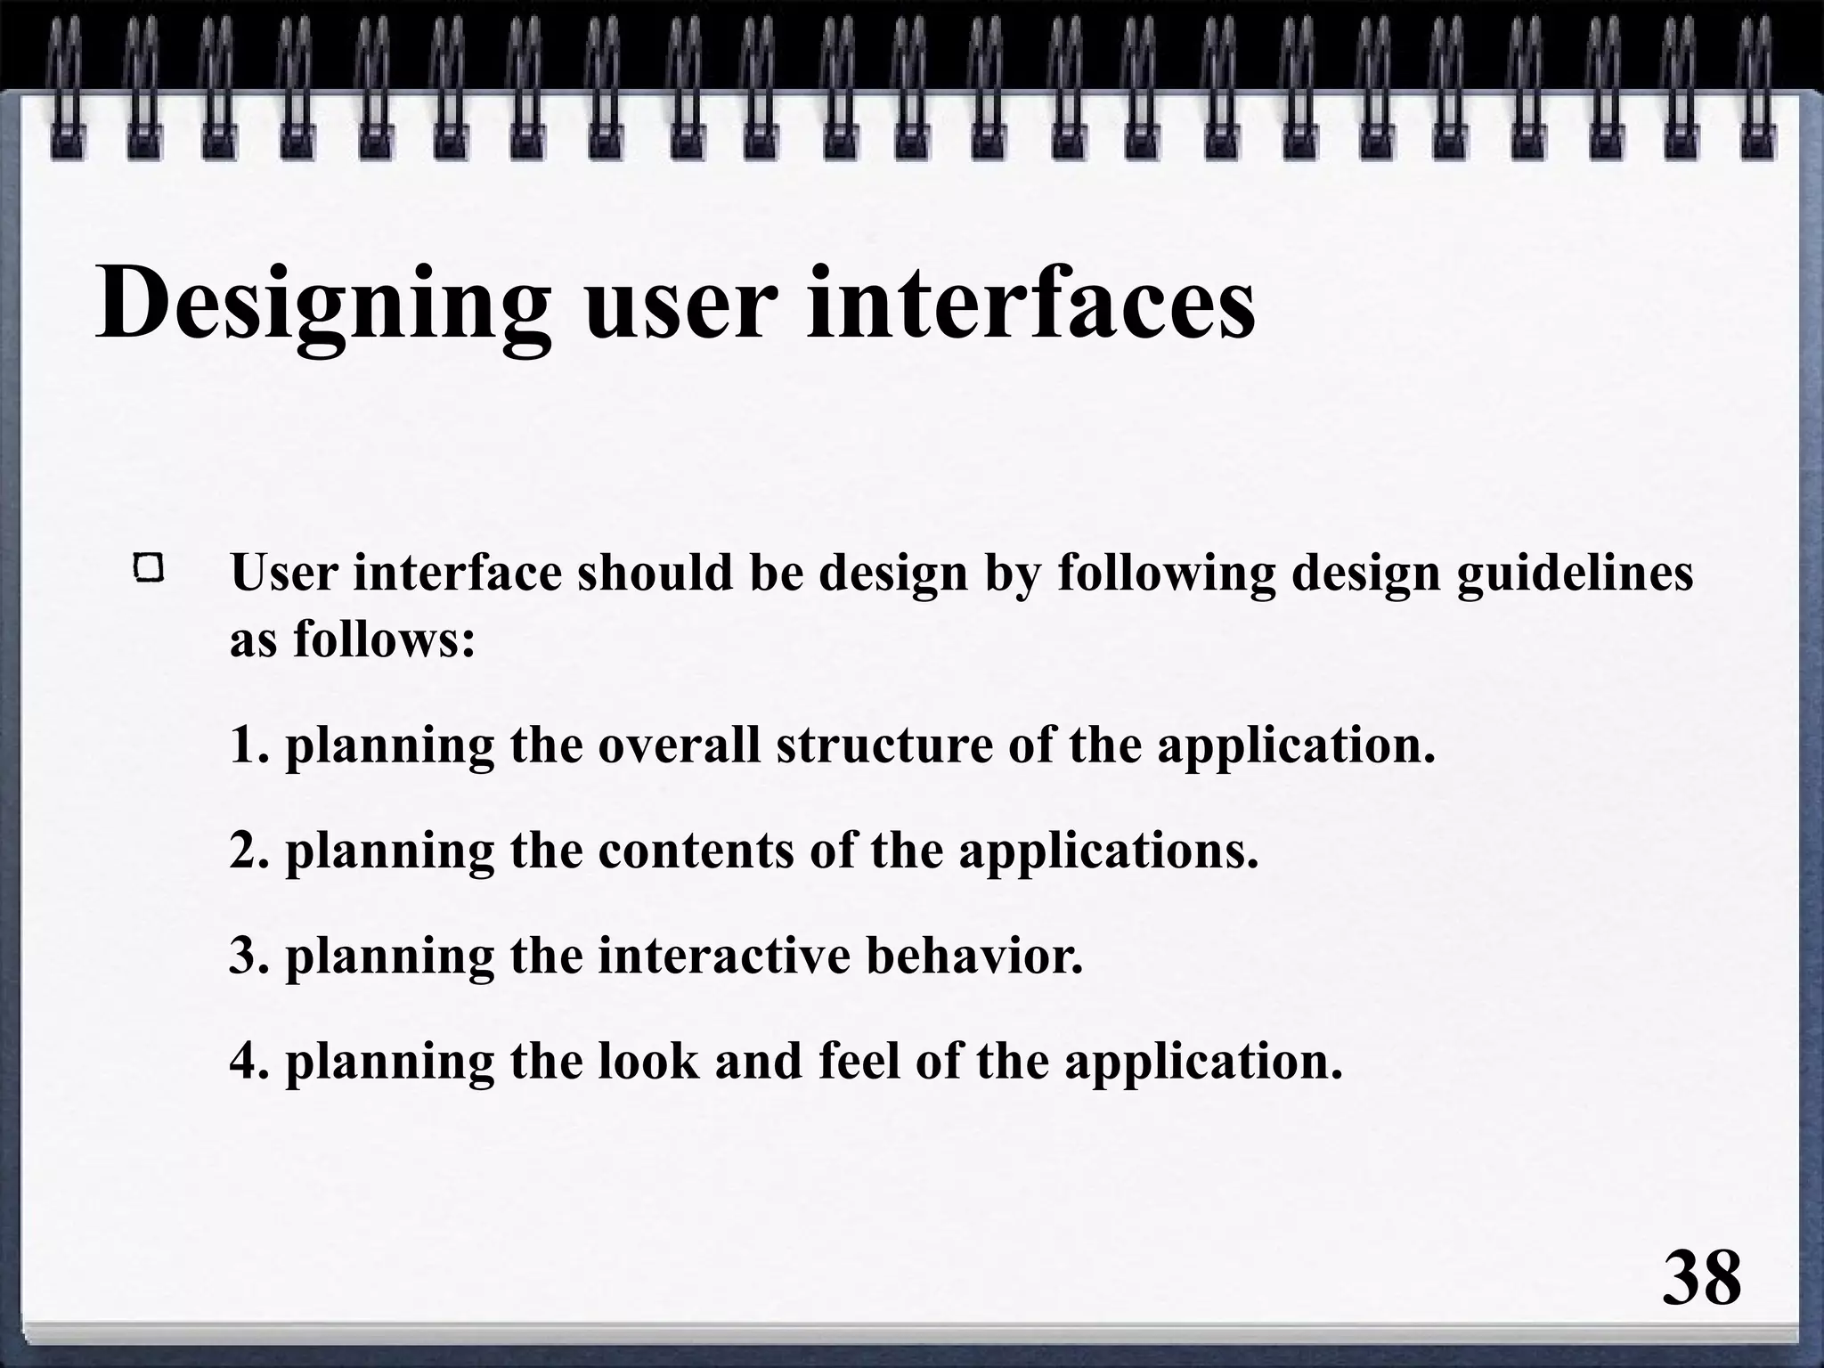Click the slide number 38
[x=1701, y=1279]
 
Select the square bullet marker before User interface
[x=149, y=568]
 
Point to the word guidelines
[x=1575, y=572]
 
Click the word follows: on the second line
[x=385, y=638]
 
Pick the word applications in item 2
[x=1108, y=851]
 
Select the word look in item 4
[x=648, y=1061]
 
